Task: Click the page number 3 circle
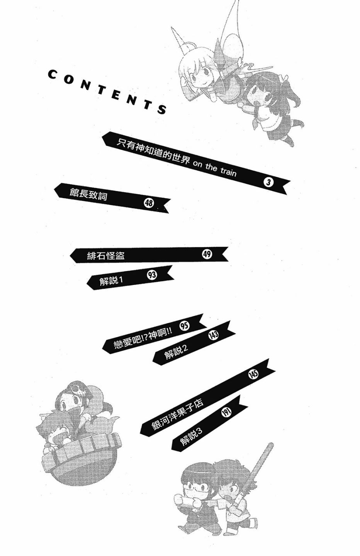coord(269,182)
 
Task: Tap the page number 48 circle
coord(149,202)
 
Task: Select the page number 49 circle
coord(207,254)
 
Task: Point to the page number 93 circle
coord(152,275)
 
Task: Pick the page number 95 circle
coord(185,325)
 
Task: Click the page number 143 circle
coord(213,335)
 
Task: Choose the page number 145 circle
coord(253,374)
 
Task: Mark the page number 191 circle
coord(226,412)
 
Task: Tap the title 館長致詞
coord(88,194)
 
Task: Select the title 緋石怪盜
coord(106,256)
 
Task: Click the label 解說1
coord(111,280)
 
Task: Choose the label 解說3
coord(191,437)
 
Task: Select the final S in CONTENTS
coord(162,110)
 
